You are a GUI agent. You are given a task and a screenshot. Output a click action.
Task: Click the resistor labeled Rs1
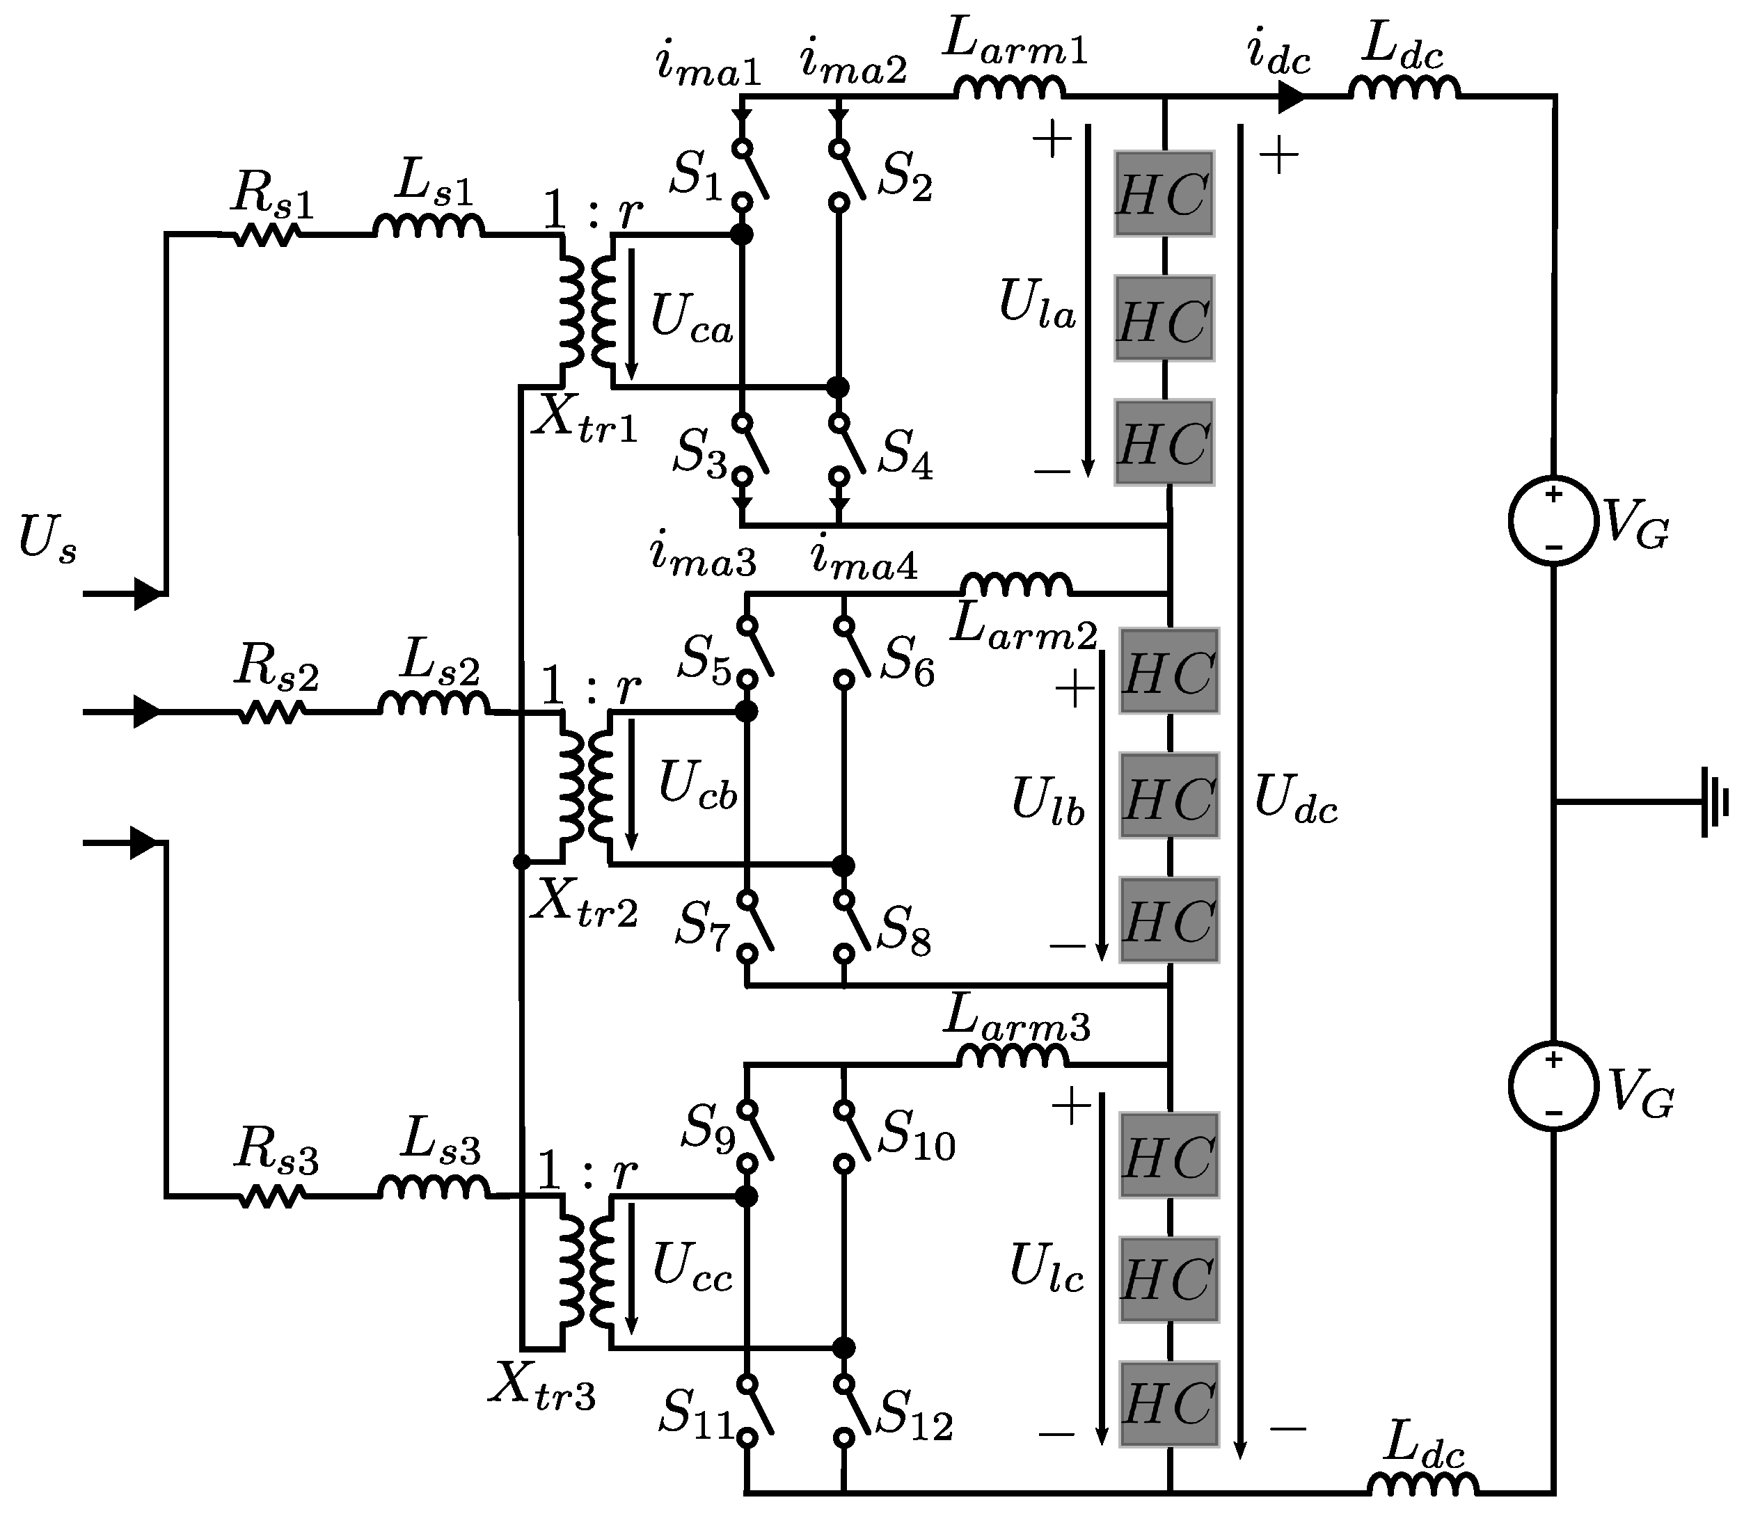point(266,235)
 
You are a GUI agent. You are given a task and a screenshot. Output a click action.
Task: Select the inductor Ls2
point(434,704)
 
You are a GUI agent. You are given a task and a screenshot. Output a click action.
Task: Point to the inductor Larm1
point(1010,88)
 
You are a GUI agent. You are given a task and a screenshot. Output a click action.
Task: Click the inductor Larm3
point(1012,1056)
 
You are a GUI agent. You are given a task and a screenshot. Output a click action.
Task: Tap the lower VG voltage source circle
point(1553,1085)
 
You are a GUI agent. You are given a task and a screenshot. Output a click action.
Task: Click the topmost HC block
point(1164,193)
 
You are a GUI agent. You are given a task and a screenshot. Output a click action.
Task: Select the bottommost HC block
point(1168,1403)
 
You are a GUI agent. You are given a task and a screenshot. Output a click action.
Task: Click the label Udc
point(1294,799)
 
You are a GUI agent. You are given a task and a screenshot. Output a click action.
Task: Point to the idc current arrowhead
point(1290,97)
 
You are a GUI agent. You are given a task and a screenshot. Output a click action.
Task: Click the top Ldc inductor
point(1403,88)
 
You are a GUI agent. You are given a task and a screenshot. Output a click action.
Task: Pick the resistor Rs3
point(271,1196)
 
